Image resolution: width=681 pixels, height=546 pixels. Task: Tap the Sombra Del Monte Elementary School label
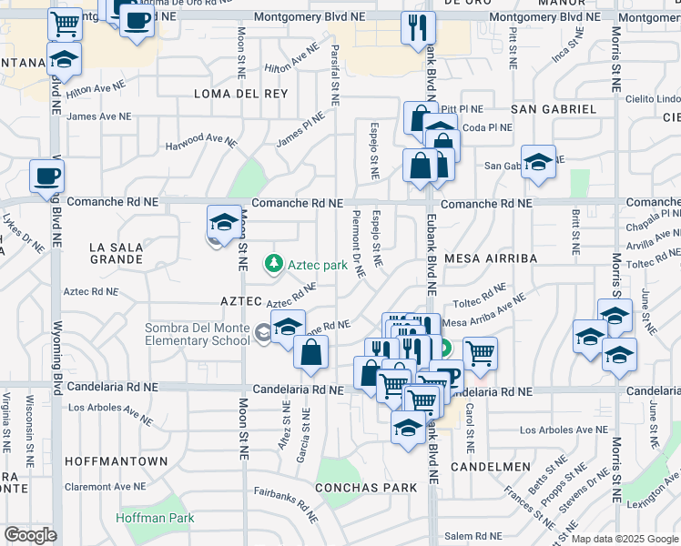198,334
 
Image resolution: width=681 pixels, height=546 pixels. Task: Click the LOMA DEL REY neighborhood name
240,94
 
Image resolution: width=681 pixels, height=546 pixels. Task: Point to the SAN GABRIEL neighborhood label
554,109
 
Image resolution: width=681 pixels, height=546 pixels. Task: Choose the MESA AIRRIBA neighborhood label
491,258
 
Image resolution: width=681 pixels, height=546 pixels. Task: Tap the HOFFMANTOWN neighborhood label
117,461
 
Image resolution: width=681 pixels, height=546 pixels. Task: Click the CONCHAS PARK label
366,488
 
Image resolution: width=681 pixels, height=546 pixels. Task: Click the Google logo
30,535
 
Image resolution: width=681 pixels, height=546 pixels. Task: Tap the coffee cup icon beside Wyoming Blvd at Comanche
46,176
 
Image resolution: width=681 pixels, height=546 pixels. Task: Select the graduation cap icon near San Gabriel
538,161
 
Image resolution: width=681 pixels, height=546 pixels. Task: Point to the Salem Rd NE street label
474,536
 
